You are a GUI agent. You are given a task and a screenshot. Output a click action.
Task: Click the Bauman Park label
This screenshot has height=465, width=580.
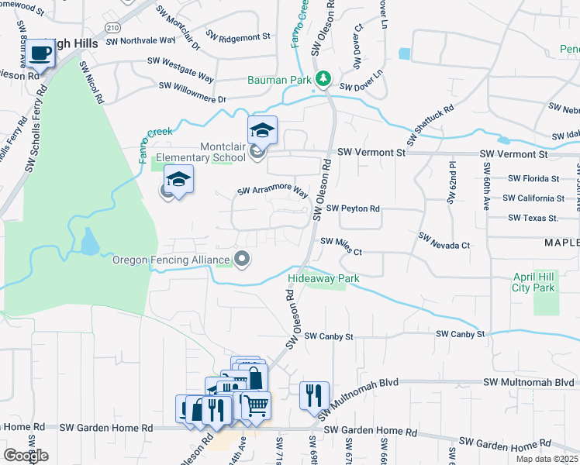(x=279, y=80)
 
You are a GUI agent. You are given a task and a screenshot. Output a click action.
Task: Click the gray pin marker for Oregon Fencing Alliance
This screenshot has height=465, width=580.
(x=243, y=260)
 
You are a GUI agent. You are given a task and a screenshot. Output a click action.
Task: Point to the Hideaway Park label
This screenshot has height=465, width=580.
(x=316, y=278)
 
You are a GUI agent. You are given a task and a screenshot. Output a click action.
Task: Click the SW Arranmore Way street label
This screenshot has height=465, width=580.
(x=272, y=191)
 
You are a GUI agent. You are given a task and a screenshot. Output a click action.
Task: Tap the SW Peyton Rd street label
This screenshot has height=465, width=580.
(x=353, y=208)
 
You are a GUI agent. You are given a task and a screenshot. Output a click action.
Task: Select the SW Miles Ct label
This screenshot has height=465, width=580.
(x=341, y=246)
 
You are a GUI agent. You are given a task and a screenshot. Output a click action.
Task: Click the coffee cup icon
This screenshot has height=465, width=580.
(x=41, y=53)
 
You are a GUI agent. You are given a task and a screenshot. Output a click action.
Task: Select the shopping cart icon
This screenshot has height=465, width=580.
(x=256, y=405)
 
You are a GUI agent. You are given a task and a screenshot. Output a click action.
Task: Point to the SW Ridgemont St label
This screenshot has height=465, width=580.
(x=238, y=36)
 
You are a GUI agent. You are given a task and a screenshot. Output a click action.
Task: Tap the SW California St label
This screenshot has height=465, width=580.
(x=533, y=198)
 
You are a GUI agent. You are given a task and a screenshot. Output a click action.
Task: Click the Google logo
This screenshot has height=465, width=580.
(x=26, y=456)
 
